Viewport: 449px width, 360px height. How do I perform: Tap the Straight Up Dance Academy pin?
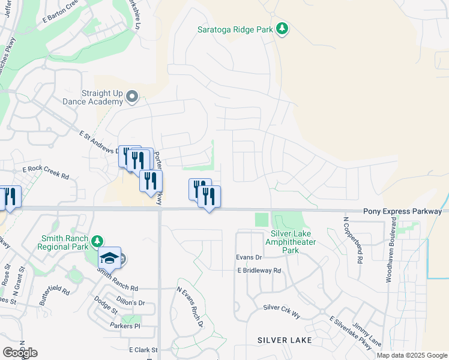pos(133,97)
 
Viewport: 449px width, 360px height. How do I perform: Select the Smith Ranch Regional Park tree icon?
pos(98,241)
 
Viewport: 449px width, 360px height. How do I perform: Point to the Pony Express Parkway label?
pos(402,212)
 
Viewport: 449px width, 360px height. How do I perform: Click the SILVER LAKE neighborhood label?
pos(285,340)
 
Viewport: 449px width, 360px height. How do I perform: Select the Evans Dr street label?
pos(249,257)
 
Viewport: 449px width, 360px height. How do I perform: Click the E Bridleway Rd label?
pos(259,271)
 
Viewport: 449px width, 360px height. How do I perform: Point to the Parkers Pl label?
pos(125,326)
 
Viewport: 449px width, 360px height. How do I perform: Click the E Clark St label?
pos(143,349)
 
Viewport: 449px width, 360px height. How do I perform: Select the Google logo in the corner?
pos(20,353)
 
